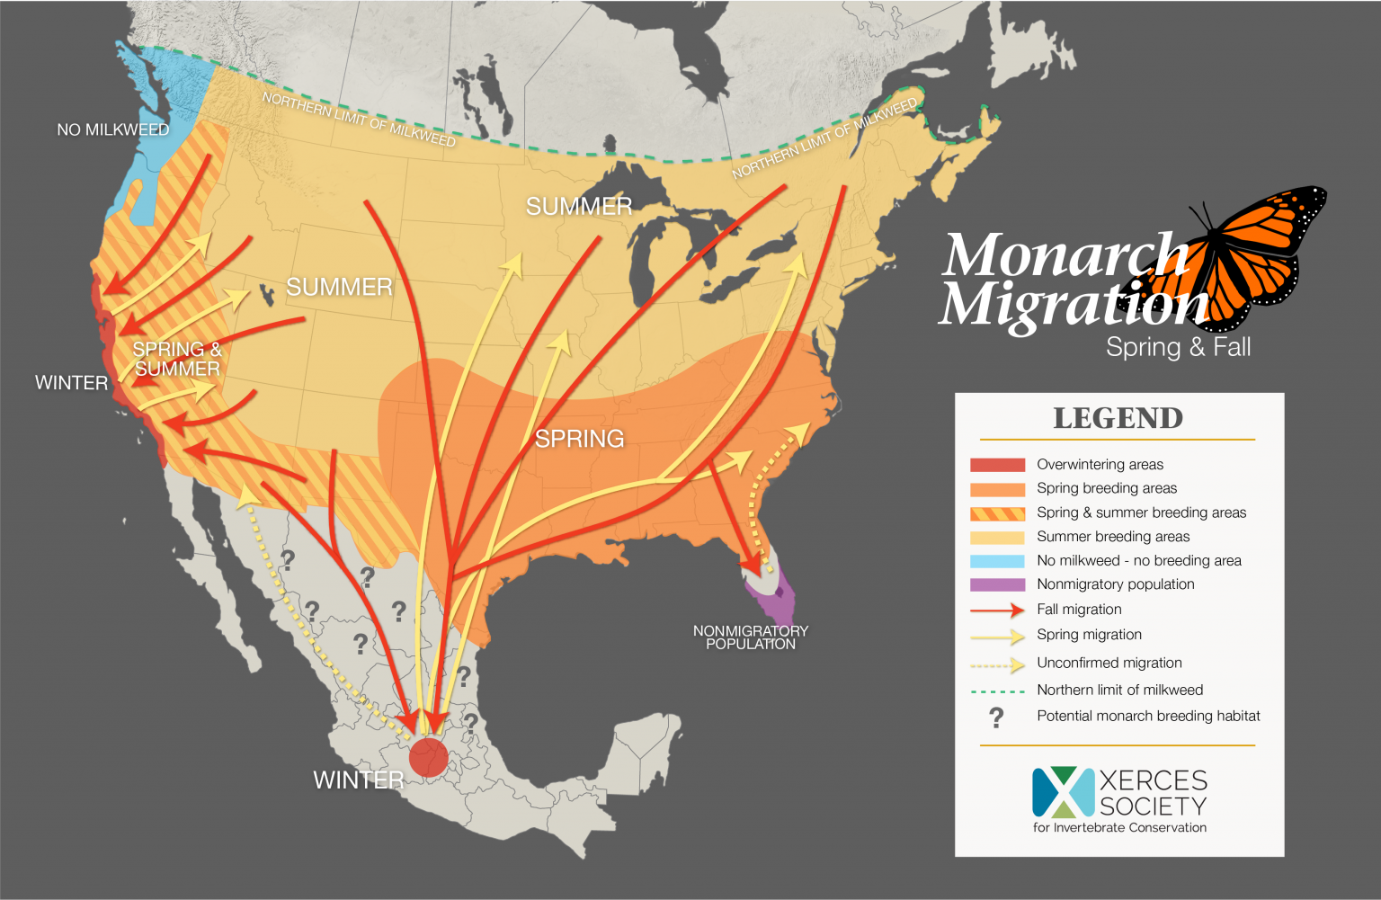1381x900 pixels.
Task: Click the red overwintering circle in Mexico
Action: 428,757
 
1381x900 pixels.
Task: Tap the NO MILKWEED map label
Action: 112,129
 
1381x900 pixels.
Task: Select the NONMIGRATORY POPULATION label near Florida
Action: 750,637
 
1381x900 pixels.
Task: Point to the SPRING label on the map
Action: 579,439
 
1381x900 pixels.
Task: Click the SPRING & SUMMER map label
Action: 177,359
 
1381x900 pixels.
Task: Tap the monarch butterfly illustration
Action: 1259,256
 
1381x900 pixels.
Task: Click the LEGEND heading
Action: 1118,418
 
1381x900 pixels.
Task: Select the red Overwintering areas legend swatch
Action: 997,465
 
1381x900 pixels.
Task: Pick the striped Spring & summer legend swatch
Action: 997,513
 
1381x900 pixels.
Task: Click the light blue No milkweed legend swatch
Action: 997,561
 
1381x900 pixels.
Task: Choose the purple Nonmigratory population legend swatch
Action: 997,584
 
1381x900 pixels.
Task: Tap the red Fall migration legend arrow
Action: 997,610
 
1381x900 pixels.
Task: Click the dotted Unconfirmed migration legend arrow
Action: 997,664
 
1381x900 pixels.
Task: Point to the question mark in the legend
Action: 996,717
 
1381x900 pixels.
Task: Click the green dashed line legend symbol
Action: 997,691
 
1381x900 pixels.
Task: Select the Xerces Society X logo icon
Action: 1063,792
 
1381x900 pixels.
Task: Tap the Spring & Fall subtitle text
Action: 1178,347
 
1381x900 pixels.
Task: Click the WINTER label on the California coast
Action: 71,383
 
